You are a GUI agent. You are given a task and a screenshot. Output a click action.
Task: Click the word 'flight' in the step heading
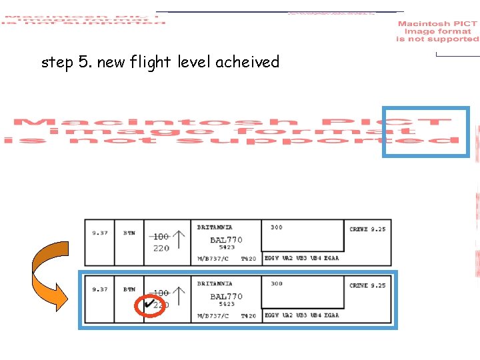tap(153, 63)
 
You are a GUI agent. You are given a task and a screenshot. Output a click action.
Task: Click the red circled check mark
tap(150, 305)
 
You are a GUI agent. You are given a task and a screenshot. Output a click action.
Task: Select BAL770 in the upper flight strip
tap(226, 240)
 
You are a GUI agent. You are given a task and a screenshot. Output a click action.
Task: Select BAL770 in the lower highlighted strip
tap(226, 297)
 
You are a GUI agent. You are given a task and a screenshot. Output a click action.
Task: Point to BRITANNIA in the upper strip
tap(215, 227)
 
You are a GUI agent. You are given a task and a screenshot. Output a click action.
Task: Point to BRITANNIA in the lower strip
tap(215, 284)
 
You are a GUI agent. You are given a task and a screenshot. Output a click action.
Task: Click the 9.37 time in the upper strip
tap(100, 233)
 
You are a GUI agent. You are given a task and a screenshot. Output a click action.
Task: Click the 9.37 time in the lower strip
tap(100, 289)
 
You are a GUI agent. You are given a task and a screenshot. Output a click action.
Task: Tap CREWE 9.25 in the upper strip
tap(367, 229)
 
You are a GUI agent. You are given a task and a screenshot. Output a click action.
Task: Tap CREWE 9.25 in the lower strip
tap(367, 285)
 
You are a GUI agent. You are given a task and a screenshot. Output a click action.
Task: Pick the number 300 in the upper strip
tap(276, 227)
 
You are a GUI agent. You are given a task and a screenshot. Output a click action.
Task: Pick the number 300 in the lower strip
tap(276, 284)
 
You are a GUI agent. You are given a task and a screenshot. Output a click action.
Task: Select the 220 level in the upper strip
tap(161, 249)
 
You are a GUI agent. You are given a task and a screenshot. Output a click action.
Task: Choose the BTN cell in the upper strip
tap(129, 233)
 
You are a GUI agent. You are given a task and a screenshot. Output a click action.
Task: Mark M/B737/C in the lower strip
tap(213, 316)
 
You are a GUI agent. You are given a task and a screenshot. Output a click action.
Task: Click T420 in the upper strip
tap(248, 259)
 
